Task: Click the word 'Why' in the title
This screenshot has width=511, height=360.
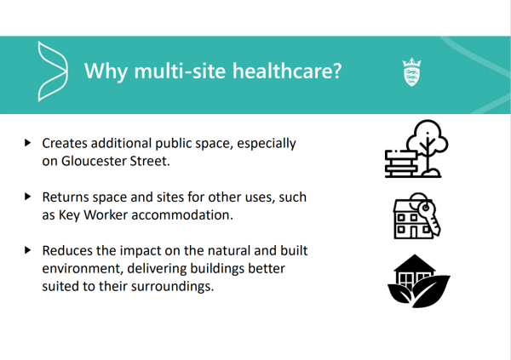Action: coord(106,71)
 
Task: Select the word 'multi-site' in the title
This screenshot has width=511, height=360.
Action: coord(180,71)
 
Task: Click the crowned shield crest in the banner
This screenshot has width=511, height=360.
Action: coord(411,72)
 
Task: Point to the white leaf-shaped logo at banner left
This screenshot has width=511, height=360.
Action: coord(53,71)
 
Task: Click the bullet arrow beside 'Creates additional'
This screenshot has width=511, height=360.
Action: coord(28,143)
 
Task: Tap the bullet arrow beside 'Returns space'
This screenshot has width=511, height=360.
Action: coord(28,197)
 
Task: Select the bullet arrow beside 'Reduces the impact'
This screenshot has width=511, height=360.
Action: coord(28,250)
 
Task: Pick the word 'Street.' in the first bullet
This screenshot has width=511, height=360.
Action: coord(150,161)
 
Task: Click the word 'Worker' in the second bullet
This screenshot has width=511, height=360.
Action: coord(106,215)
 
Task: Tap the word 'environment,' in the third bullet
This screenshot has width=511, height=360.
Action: coord(83,269)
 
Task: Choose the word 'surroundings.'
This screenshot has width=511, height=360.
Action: coord(172,287)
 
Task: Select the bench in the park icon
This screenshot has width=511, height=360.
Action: coord(401,163)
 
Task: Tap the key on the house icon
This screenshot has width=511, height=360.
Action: coord(429,216)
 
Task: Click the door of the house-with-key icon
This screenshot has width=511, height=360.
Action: coord(414,231)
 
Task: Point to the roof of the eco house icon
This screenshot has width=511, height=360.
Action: coord(415,263)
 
